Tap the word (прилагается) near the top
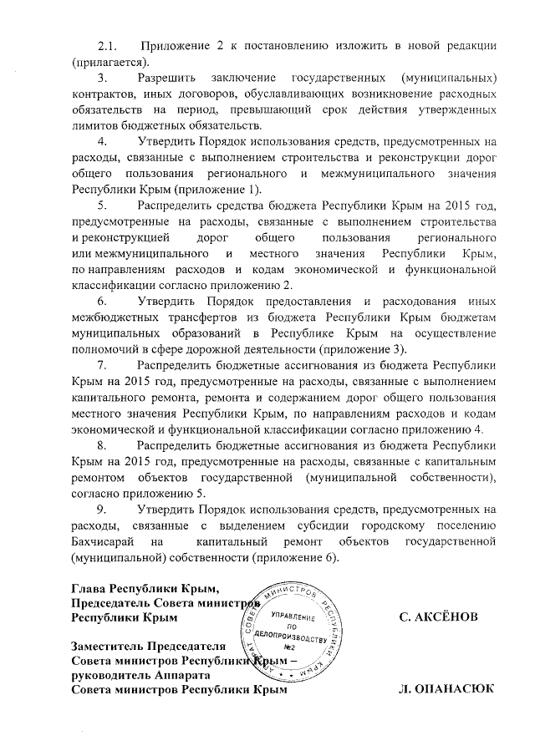pos(109,63)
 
